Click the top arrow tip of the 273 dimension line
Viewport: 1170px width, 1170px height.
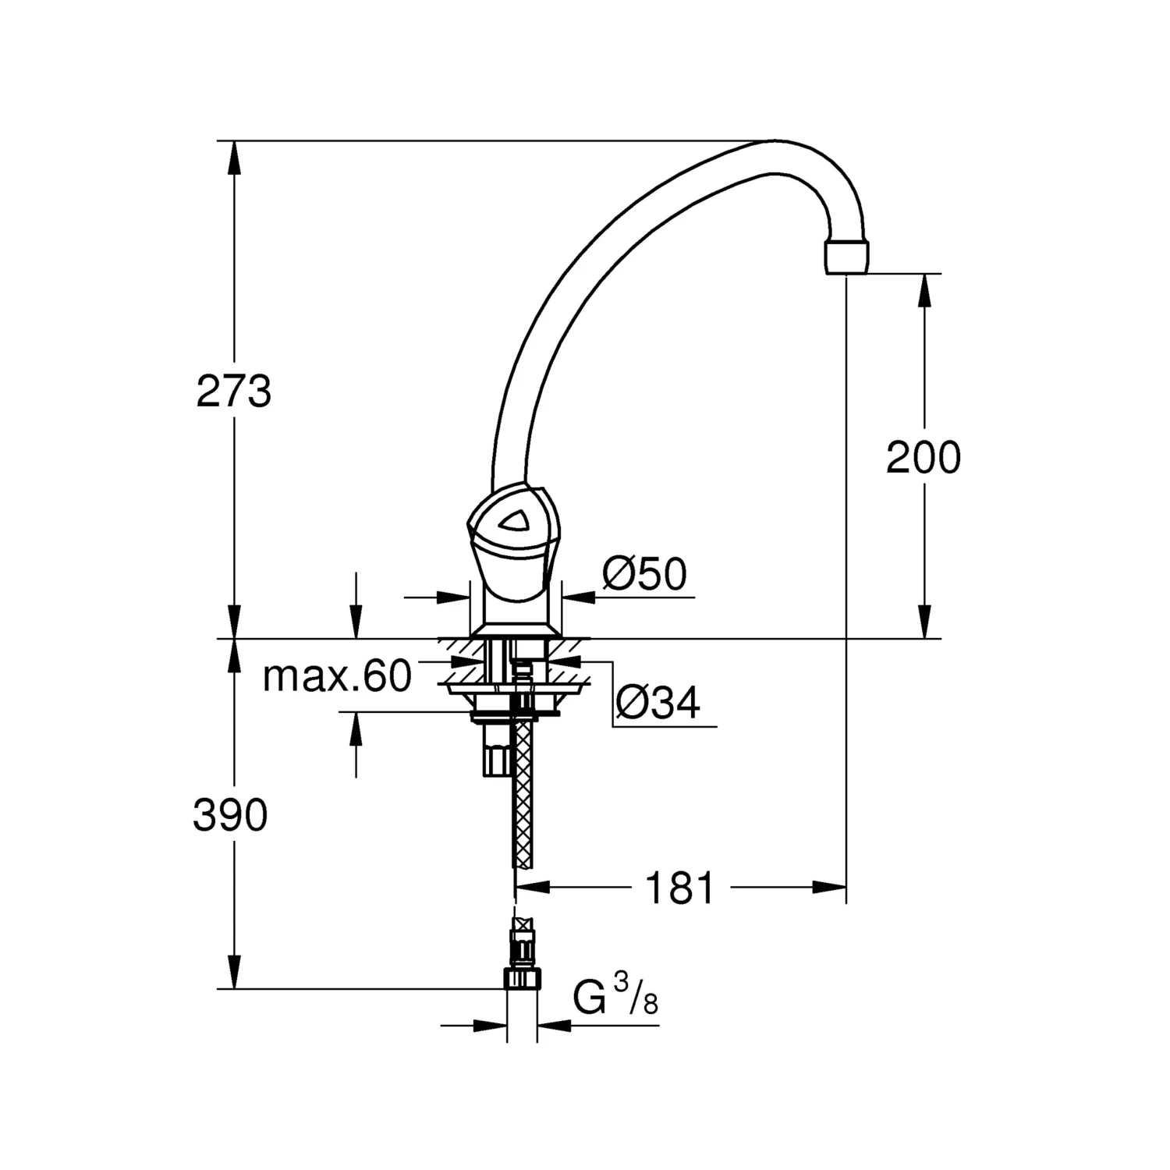click(x=233, y=141)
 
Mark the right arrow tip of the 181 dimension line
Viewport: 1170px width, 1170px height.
click(x=847, y=887)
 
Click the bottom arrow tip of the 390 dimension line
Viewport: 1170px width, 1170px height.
click(x=233, y=988)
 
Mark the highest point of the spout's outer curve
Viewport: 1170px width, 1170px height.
click(x=774, y=140)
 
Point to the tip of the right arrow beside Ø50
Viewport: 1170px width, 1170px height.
click(x=562, y=597)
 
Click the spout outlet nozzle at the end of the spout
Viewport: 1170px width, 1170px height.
click(x=846, y=257)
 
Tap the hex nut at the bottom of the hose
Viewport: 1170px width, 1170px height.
click(x=521, y=979)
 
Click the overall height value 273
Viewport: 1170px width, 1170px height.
click(x=234, y=392)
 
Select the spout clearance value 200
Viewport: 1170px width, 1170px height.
click(x=924, y=457)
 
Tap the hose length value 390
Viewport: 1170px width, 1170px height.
click(x=231, y=816)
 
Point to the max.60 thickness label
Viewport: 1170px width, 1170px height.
click(x=337, y=676)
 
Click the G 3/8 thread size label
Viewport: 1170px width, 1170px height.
click(x=615, y=998)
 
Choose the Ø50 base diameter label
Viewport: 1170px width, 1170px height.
click(x=644, y=576)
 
